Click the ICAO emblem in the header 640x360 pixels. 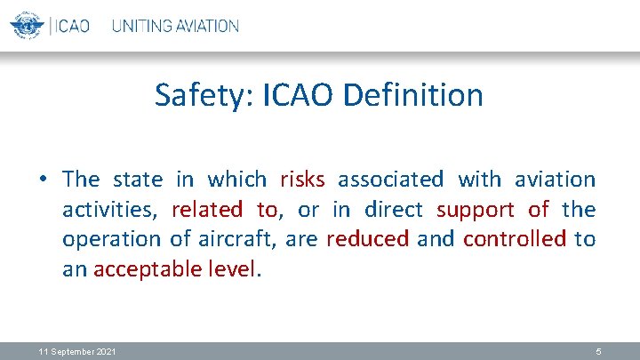pyautogui.click(x=28, y=25)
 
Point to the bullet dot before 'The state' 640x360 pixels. pyautogui.click(x=43, y=180)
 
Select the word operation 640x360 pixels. pyautogui.click(x=109, y=240)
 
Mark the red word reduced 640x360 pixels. pyautogui.click(x=368, y=239)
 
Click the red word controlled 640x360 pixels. pyautogui.click(x=515, y=239)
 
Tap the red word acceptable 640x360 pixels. pyautogui.click(x=145, y=269)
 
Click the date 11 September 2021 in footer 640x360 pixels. pyautogui.click(x=77, y=352)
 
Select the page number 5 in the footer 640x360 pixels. pyautogui.click(x=598, y=352)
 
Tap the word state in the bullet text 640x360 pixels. pyautogui.click(x=138, y=180)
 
